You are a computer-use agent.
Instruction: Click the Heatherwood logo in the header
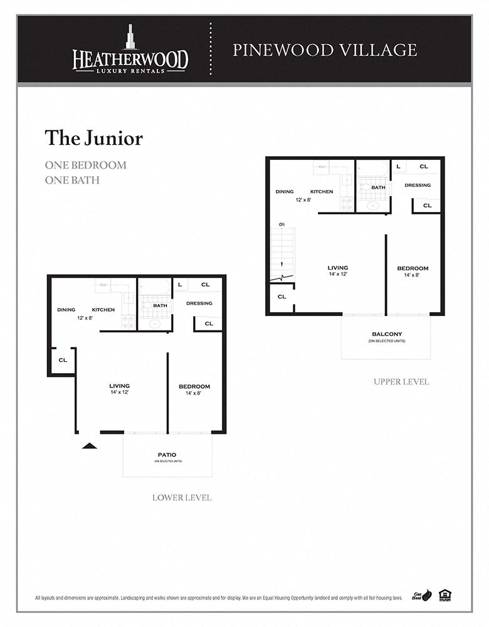130,50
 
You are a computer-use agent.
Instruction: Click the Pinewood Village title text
325,50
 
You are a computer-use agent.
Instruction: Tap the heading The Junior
93,138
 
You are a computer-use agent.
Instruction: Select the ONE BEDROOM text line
85,166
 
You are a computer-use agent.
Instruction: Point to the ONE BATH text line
72,180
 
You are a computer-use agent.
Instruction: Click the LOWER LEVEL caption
182,498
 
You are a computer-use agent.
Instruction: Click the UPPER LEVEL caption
401,382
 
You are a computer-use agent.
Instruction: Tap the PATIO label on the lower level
167,455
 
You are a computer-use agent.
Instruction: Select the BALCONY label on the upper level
386,334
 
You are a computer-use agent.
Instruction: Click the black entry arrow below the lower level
90,446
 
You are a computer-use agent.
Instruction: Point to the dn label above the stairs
282,224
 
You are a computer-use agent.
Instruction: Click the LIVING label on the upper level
338,268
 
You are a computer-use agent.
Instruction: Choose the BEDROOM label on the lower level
194,386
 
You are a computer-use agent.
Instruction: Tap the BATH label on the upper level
378,187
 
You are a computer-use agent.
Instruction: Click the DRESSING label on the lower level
199,303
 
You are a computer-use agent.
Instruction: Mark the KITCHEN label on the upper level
322,191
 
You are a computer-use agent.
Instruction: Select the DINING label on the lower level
66,310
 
